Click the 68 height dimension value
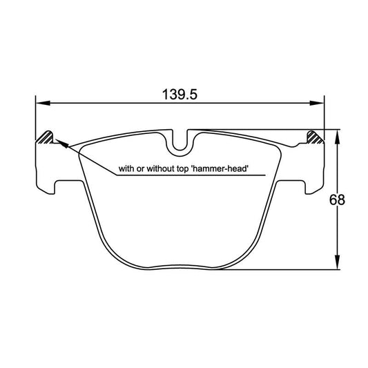coord(336,200)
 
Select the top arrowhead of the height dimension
coord(336,135)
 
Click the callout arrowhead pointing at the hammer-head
coord(57,143)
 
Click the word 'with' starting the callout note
coord(127,168)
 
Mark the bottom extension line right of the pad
coord(290,269)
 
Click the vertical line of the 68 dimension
coord(336,235)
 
